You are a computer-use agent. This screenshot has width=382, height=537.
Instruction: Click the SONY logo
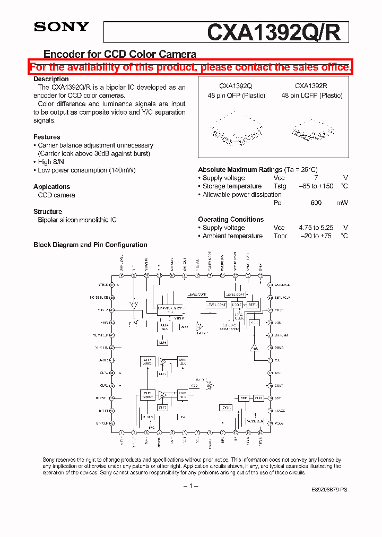click(x=62, y=27)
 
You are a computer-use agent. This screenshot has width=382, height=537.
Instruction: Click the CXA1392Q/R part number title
click(x=277, y=32)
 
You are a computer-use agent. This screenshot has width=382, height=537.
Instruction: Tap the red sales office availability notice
click(x=190, y=67)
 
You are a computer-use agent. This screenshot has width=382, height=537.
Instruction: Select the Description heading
click(x=51, y=79)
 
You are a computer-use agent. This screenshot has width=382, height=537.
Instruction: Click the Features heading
click(x=47, y=137)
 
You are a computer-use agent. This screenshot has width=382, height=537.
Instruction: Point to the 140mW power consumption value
click(x=121, y=170)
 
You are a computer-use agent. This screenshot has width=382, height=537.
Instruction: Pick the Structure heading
click(x=48, y=211)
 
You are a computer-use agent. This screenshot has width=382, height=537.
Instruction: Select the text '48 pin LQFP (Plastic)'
click(x=312, y=96)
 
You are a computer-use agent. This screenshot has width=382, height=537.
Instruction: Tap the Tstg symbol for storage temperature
click(x=280, y=186)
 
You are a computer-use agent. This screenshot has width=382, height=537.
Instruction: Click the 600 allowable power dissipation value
click(x=316, y=203)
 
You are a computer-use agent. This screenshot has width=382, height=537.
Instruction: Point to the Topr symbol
click(x=280, y=236)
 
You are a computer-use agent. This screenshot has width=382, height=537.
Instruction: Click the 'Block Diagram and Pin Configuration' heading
click(x=90, y=245)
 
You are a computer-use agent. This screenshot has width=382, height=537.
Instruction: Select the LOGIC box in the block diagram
click(x=237, y=305)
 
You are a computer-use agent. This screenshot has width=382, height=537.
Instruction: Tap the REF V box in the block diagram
click(x=253, y=305)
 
